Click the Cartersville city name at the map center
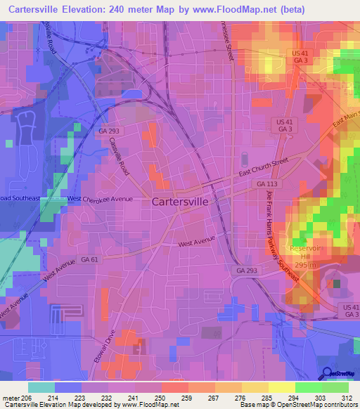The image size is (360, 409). (x=180, y=201)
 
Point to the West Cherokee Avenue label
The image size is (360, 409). (x=100, y=199)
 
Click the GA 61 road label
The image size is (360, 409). (x=89, y=259)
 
